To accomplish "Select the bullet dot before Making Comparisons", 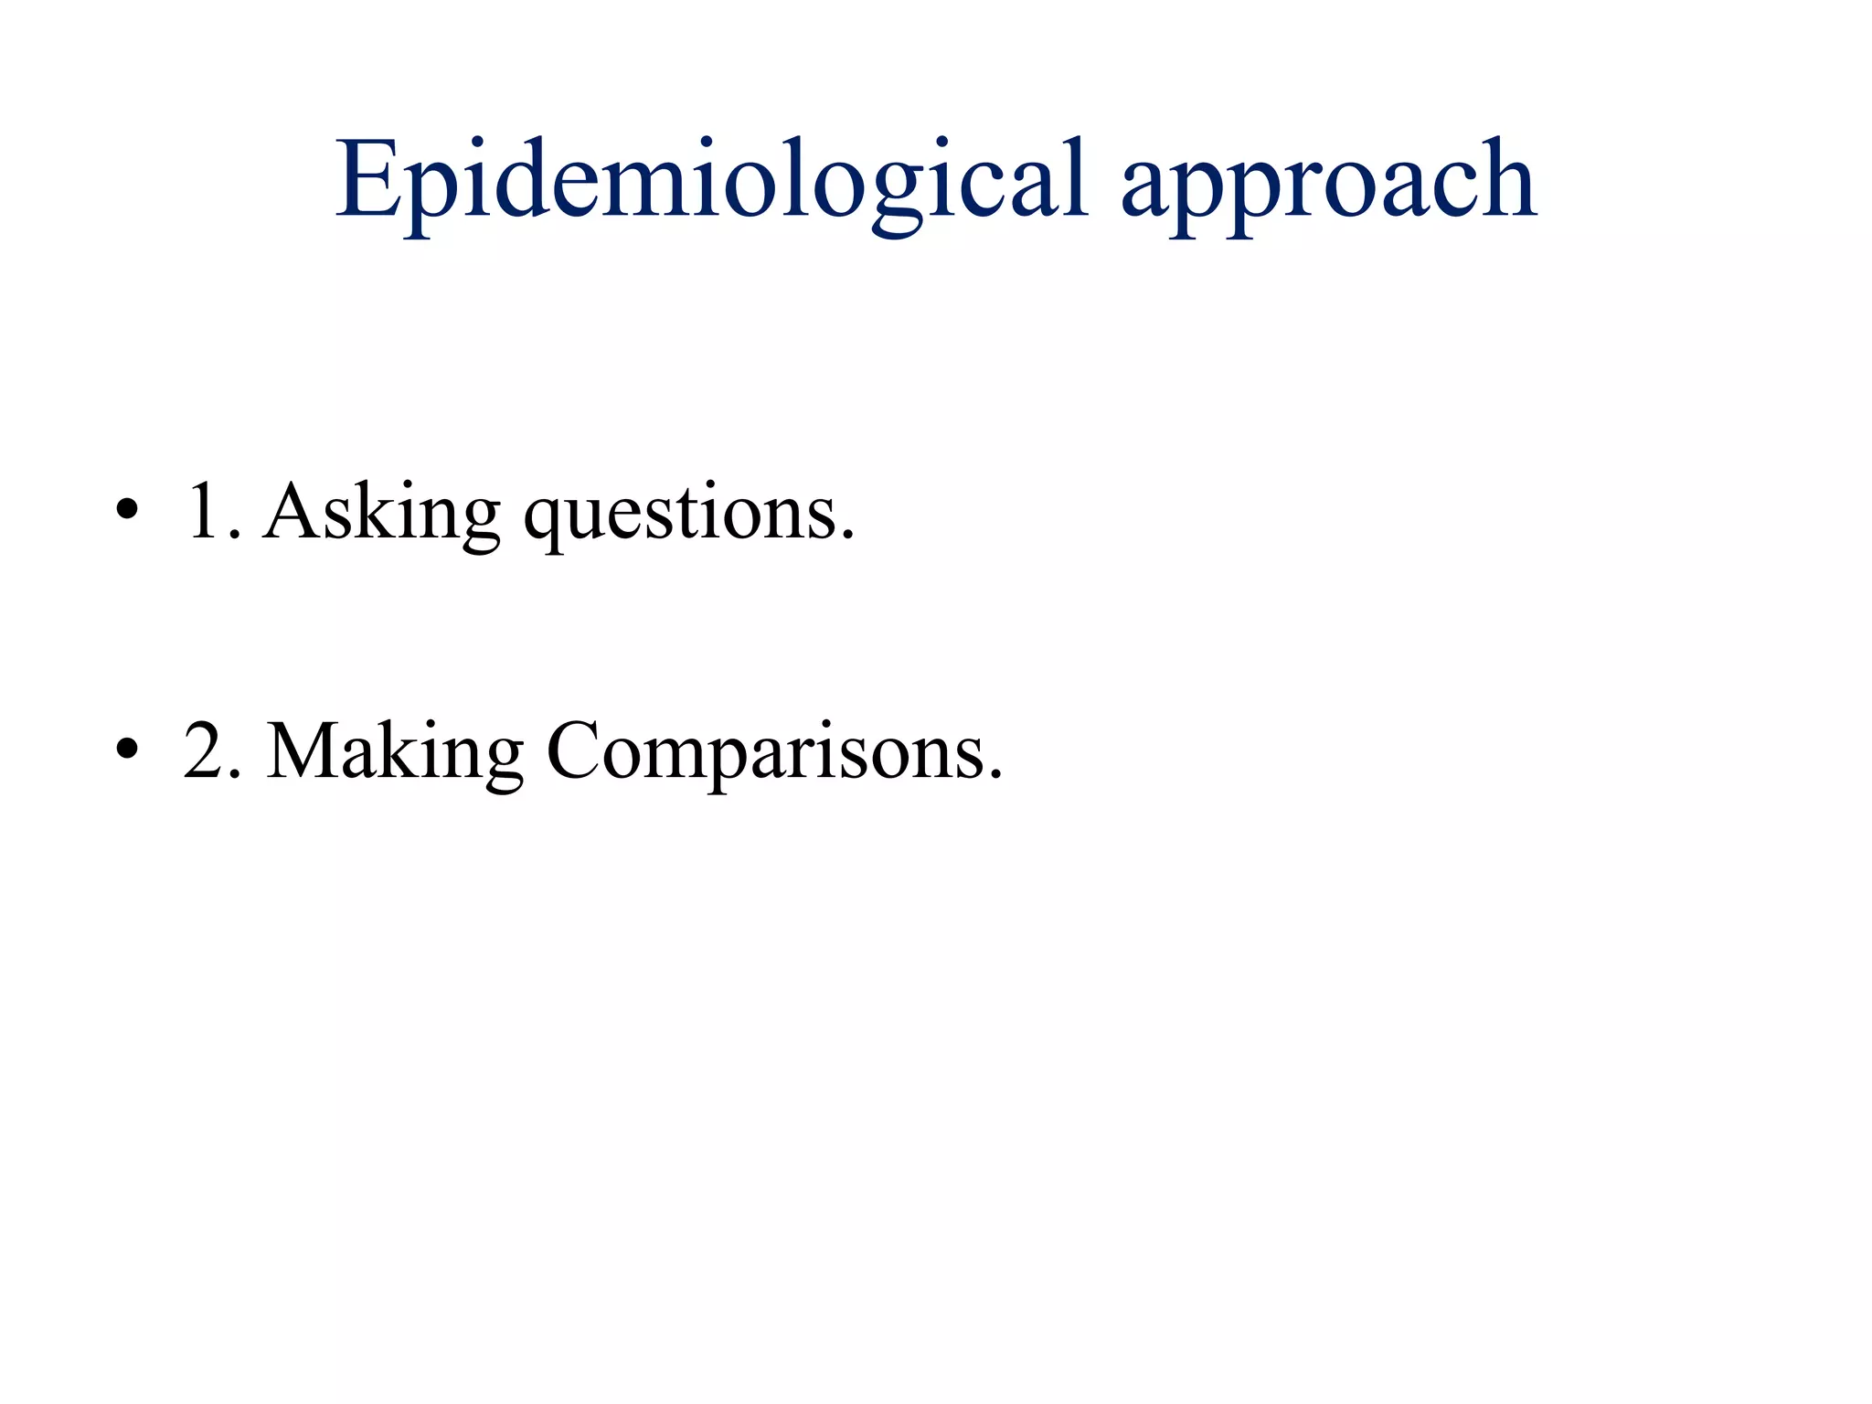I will pyautogui.click(x=127, y=749).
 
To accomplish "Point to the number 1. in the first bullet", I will pyautogui.click(x=213, y=511).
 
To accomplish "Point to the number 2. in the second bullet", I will pyautogui.click(x=213, y=750).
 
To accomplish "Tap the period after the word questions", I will pyautogui.click(x=848, y=537).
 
